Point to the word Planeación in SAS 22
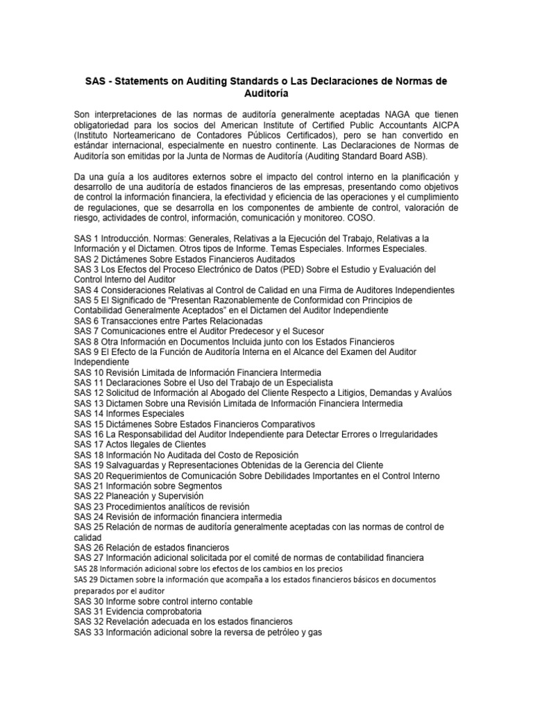point(130,496)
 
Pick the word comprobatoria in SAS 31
point(166,611)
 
